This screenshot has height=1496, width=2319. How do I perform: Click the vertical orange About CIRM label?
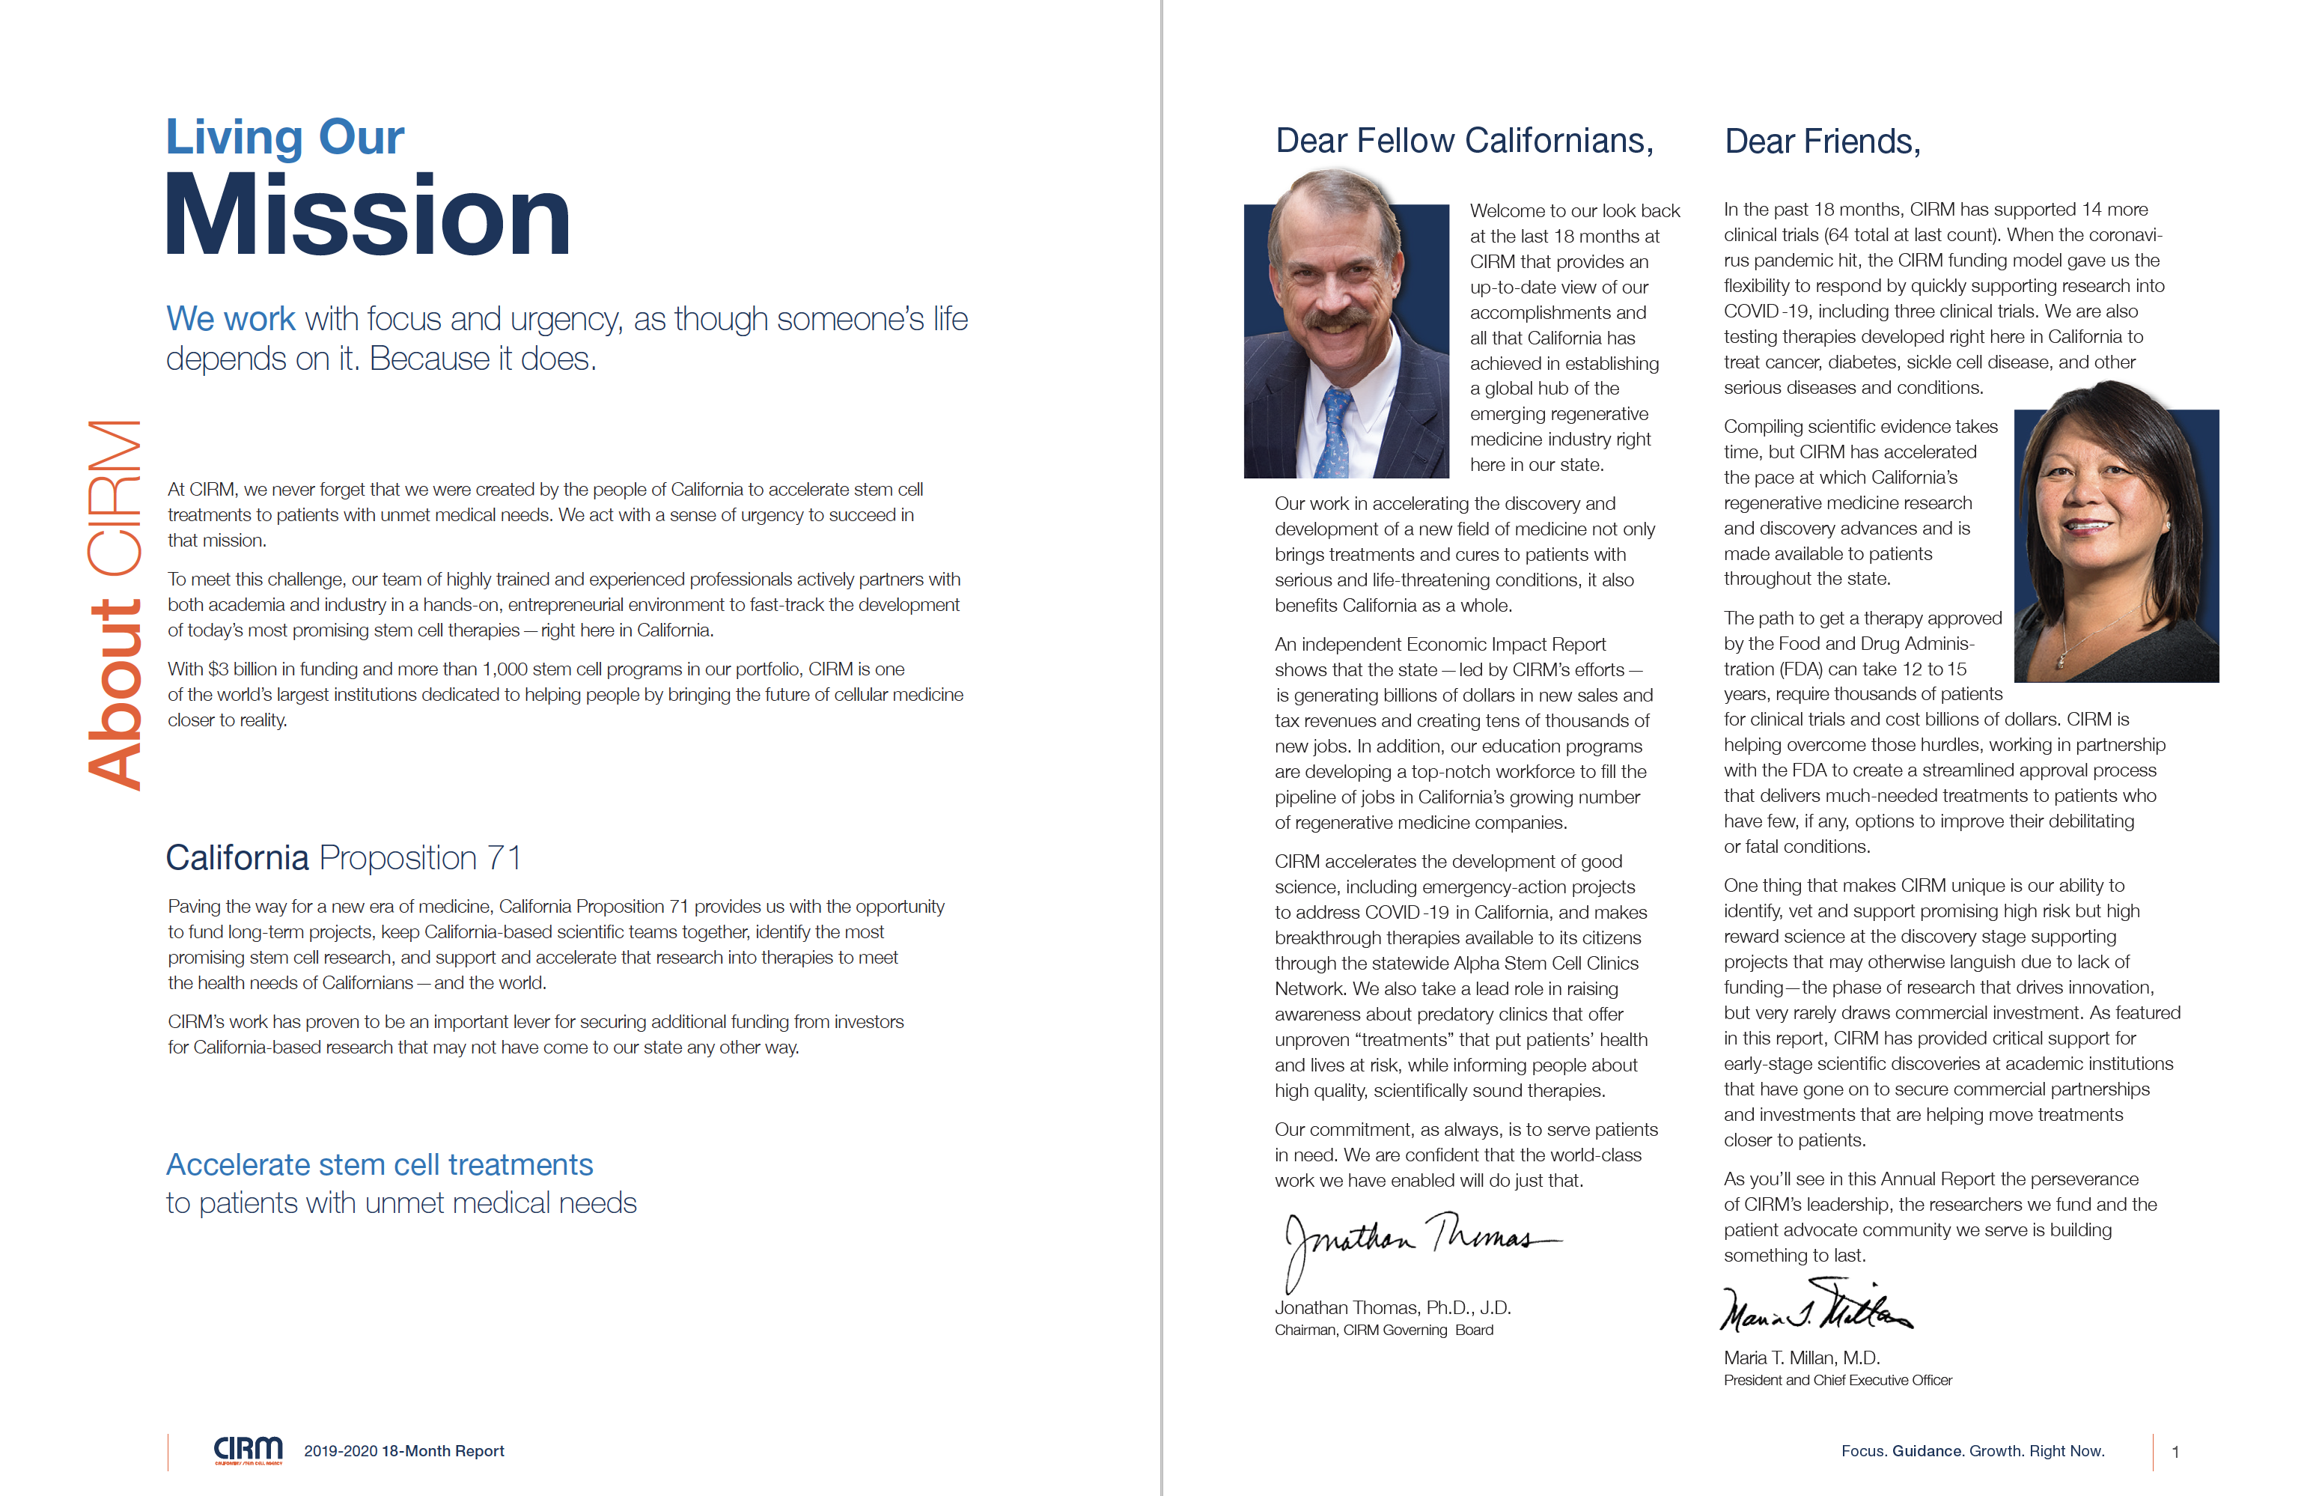click(x=115, y=604)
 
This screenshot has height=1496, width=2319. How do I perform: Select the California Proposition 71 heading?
click(x=344, y=858)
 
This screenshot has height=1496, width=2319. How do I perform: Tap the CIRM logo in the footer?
click(x=248, y=1450)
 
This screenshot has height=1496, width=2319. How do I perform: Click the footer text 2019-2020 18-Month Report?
click(x=404, y=1451)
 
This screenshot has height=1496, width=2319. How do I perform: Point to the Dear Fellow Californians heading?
click(x=1463, y=141)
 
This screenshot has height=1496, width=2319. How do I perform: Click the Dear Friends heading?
click(x=1822, y=142)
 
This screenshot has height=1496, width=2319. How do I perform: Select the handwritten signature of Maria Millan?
click(x=1814, y=1309)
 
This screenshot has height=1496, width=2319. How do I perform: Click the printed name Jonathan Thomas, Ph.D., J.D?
click(x=1392, y=1307)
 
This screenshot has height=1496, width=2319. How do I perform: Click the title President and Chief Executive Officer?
click(x=1838, y=1381)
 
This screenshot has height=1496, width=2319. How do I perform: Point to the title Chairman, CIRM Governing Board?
click(x=1384, y=1330)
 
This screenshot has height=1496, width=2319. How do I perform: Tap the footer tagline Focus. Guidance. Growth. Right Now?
click(x=1972, y=1451)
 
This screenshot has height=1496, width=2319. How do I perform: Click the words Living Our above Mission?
click(x=284, y=137)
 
